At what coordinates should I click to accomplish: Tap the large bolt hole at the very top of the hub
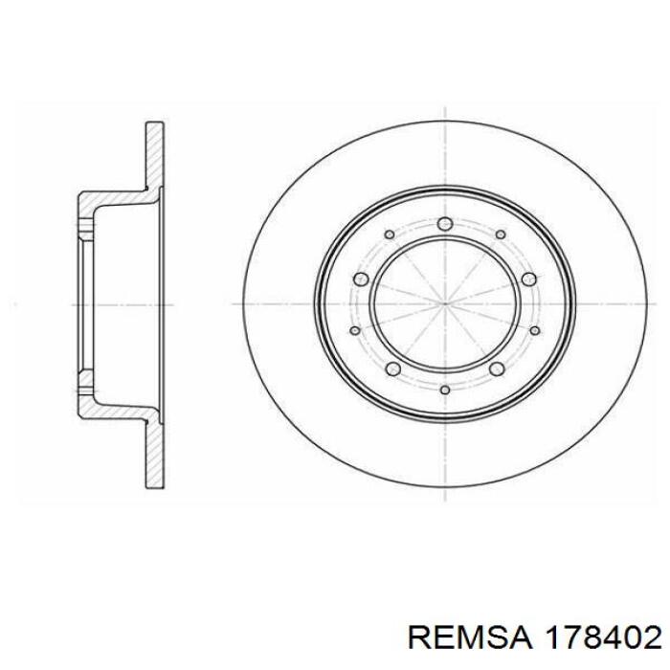(x=445, y=223)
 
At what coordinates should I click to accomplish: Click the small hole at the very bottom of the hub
(x=445, y=390)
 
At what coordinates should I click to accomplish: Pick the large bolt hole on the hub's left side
(x=361, y=279)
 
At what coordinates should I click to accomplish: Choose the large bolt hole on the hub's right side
(x=529, y=279)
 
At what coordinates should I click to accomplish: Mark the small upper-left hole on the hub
(x=390, y=234)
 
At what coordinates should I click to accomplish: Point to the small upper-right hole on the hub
(x=501, y=234)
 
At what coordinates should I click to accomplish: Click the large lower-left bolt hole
(x=392, y=368)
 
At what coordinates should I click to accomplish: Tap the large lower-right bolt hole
(x=497, y=368)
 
